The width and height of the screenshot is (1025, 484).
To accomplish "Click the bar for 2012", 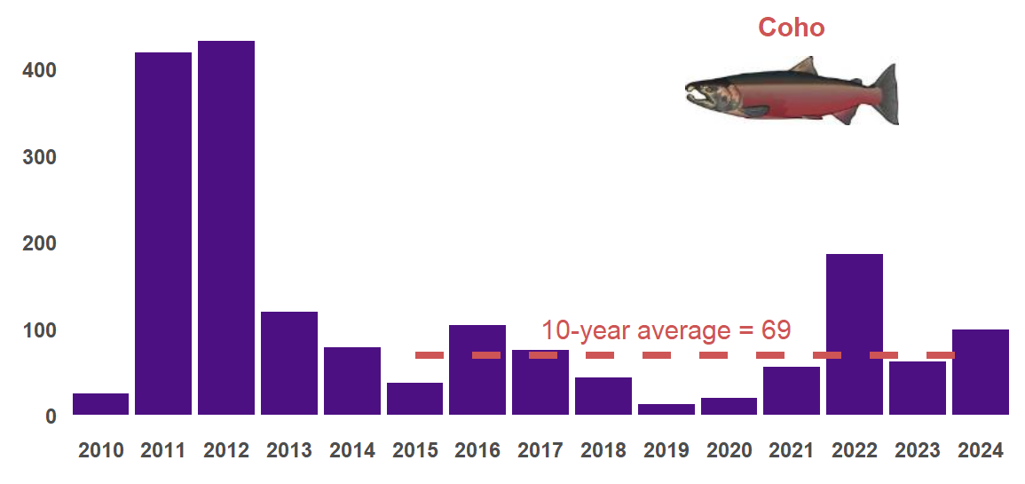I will [226, 228].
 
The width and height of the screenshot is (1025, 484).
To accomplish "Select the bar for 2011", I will [163, 234].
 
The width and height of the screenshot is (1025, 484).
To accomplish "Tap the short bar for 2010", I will [100, 404].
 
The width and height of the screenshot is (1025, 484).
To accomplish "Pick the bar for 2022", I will [854, 334].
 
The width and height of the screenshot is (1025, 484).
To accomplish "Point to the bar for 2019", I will [666, 409].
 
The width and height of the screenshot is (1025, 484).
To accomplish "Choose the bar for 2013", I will [288, 363].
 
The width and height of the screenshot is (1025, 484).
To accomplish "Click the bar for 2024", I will [980, 372].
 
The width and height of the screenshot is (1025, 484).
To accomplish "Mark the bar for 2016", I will [477, 369].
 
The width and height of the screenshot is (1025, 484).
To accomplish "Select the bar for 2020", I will [729, 406].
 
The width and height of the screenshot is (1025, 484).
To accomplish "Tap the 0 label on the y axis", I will [51, 417].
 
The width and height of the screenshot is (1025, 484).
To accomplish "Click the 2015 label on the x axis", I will [414, 451].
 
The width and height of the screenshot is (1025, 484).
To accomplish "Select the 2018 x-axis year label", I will [603, 451].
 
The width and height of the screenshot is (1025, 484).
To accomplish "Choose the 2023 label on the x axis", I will [918, 451].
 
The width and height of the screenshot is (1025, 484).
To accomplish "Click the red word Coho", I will [791, 28].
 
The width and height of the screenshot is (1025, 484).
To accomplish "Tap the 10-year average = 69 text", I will [666, 330].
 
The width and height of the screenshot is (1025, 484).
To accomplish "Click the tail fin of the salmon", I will [884, 93].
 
